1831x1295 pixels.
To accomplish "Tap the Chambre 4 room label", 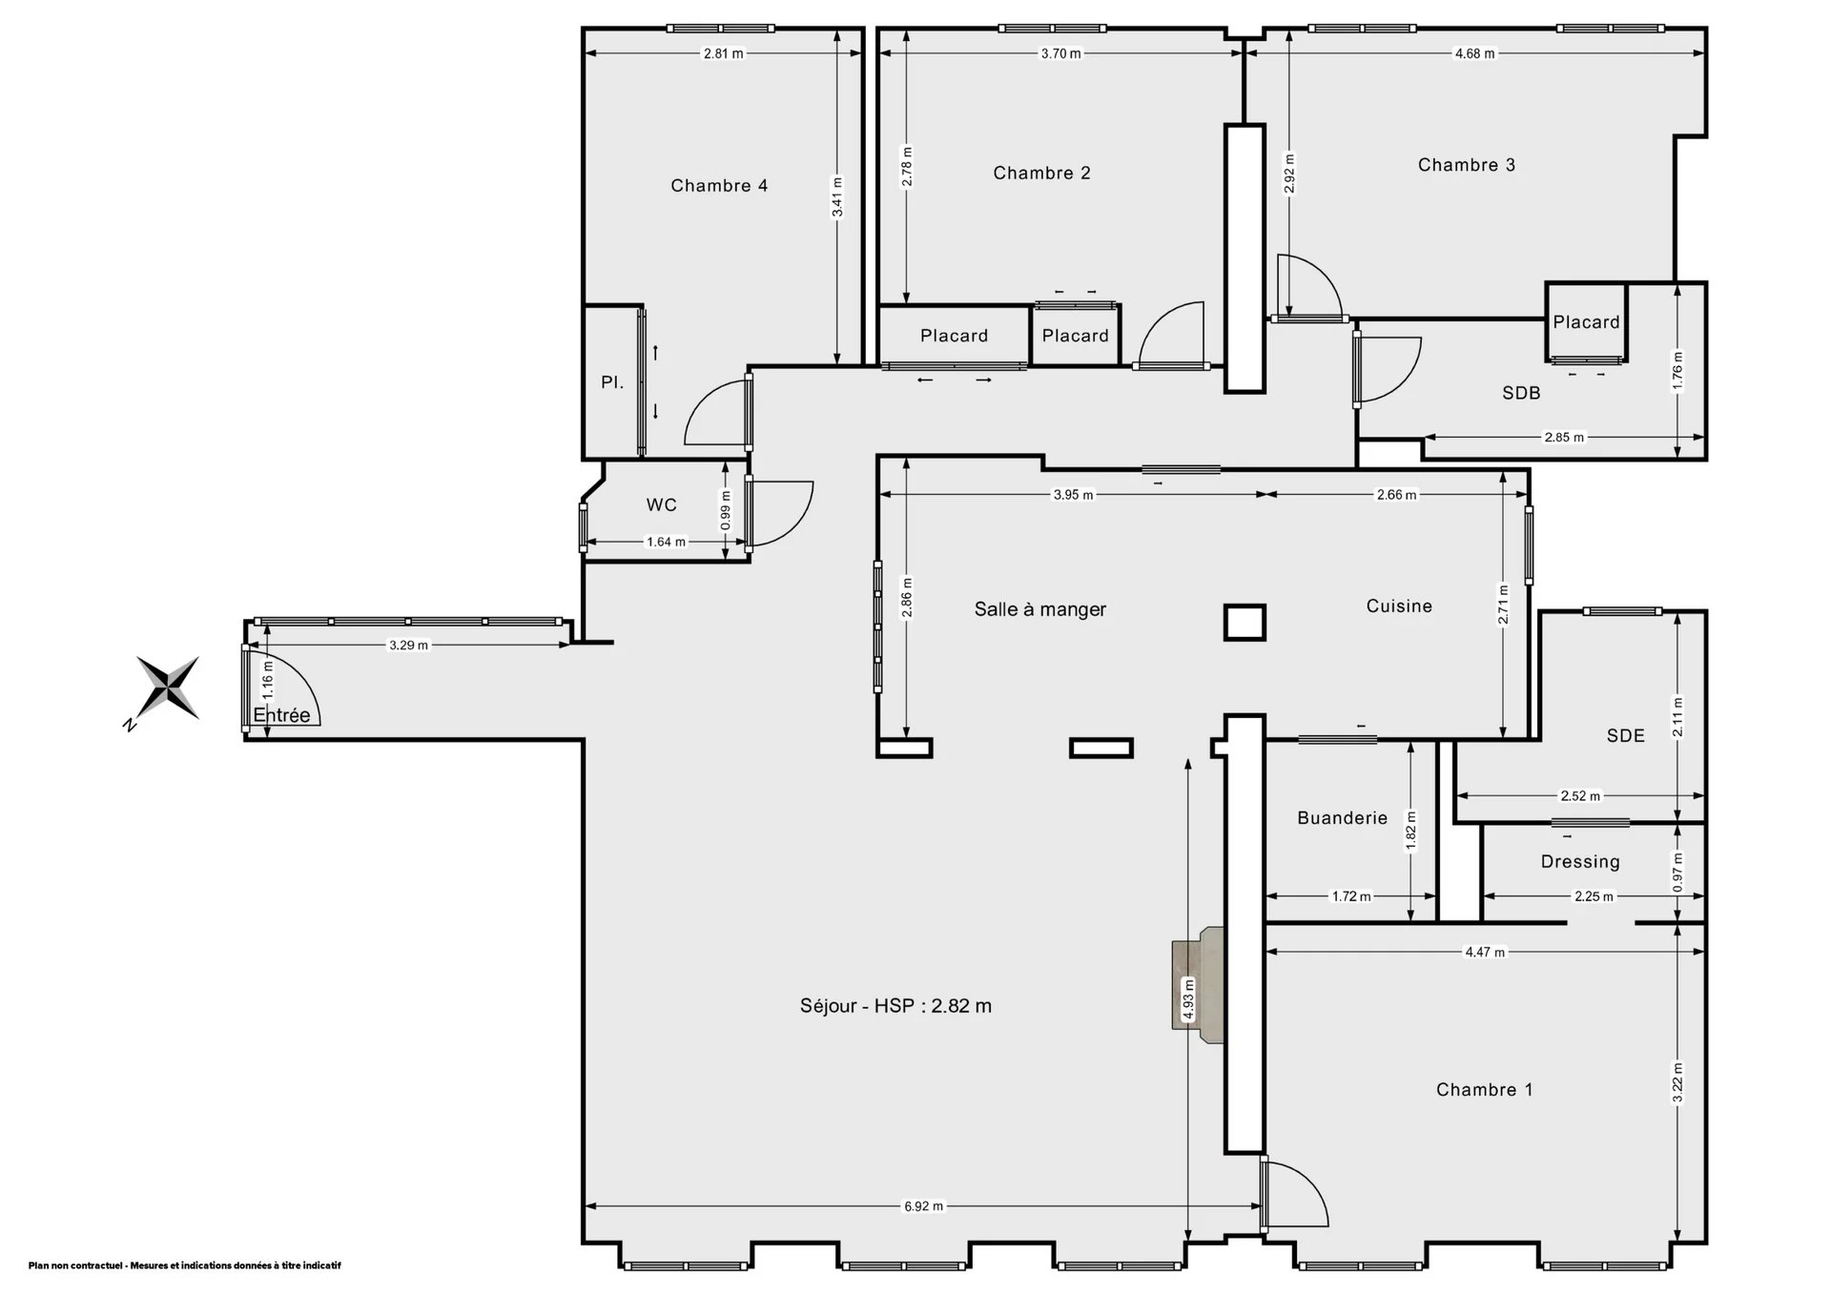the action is (719, 186).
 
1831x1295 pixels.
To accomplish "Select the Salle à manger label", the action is (1040, 609).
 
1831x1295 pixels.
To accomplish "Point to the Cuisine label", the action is (1399, 606).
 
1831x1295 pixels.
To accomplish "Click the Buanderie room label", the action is (1342, 818).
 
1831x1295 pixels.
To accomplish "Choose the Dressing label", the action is (1580, 862).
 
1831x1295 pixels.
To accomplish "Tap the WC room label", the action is (661, 505).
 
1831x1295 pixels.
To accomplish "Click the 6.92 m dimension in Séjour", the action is (923, 1206).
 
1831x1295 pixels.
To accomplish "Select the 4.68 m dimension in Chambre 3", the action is (1474, 53).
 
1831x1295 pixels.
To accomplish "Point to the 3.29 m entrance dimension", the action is (408, 646).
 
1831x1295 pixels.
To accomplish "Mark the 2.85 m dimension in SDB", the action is (1564, 438).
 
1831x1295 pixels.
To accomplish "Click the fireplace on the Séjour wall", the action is (1198, 985).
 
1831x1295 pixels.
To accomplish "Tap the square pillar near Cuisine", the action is (1245, 623).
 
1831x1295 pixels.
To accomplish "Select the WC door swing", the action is (780, 513).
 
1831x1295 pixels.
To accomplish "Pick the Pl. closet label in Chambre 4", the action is (612, 382).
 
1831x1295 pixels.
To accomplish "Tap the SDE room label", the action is (1625, 736).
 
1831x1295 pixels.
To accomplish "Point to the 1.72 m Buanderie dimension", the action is (1350, 896).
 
